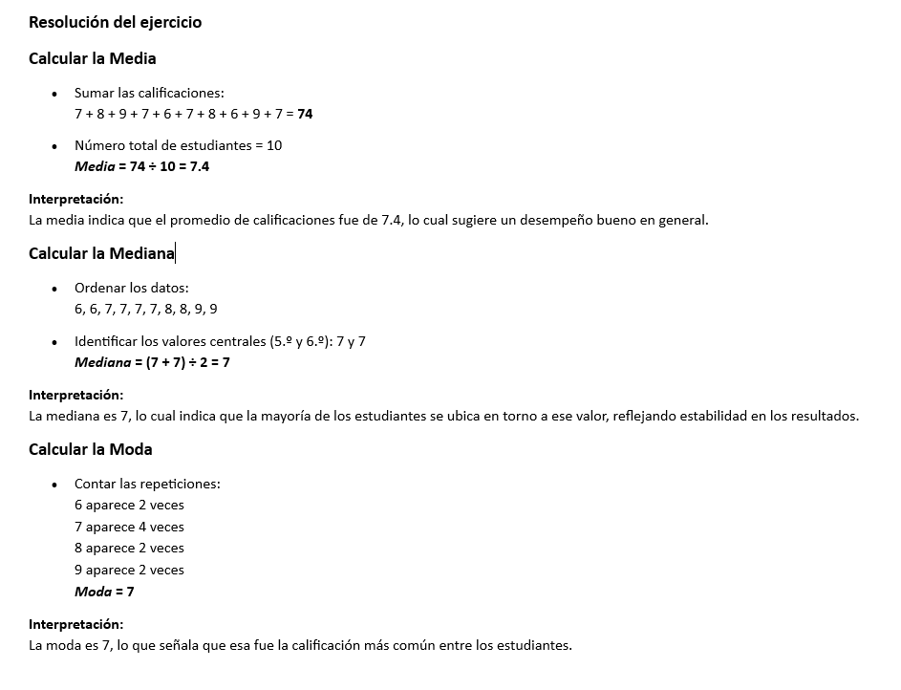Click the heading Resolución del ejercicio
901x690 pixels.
(115, 22)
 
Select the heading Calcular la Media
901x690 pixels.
(92, 58)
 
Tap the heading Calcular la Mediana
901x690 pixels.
(101, 253)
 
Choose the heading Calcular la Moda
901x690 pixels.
(90, 449)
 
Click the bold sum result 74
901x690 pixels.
(305, 114)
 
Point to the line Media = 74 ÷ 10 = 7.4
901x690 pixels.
(141, 166)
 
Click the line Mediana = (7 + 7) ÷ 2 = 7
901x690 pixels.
(152, 362)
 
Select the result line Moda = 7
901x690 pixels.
(104, 592)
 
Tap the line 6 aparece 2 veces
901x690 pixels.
(129, 505)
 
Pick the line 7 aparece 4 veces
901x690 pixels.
(129, 527)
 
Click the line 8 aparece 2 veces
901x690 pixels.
(129, 548)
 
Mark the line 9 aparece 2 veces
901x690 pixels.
(129, 570)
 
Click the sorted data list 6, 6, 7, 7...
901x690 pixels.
(145, 309)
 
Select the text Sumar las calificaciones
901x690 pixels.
(149, 93)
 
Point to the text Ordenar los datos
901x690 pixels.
(132, 288)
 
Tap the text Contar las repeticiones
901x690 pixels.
(147, 484)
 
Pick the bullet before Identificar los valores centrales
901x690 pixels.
(54, 342)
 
